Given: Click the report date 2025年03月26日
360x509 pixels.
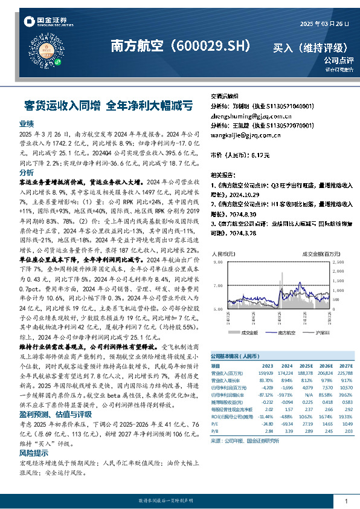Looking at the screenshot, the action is point(325,24).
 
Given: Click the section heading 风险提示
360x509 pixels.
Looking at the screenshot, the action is point(33,452).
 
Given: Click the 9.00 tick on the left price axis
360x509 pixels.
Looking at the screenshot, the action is point(219,264).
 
